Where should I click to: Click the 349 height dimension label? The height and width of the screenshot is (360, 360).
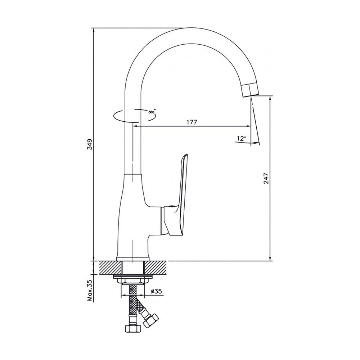[90, 144]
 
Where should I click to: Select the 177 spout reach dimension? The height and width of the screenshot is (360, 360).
[192, 122]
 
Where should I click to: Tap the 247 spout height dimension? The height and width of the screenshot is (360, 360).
[266, 179]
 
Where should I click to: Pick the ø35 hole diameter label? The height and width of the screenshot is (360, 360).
[156, 291]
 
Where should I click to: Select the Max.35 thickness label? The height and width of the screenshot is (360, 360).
[90, 291]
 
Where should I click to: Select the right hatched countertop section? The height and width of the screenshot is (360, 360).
[156, 267]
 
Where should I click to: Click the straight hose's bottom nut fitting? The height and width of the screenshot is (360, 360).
[132, 328]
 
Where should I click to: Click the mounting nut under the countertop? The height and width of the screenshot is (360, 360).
[133, 280]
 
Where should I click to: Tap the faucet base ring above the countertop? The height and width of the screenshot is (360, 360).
[133, 259]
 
